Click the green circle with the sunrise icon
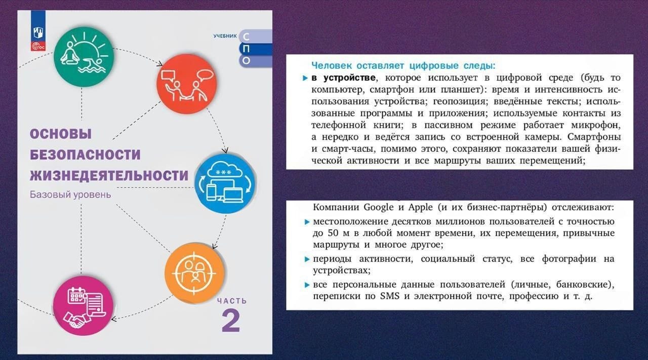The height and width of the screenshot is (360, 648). [84, 56]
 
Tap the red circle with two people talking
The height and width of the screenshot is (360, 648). [187, 84]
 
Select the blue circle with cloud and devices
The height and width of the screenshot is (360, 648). [225, 183]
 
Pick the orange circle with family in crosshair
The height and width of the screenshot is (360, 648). [194, 273]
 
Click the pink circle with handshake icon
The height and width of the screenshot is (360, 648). [84, 306]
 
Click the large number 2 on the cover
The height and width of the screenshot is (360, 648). [231, 321]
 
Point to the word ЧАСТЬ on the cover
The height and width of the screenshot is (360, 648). [232, 301]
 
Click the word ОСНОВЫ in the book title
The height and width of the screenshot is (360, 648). [61, 134]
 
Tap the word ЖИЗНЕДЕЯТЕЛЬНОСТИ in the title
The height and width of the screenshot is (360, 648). [109, 176]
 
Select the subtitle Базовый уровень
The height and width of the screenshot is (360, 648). [70, 195]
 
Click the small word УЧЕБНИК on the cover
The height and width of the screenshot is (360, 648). [225, 36]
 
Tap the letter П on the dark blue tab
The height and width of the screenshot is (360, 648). [246, 49]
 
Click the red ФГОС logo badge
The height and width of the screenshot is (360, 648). [38, 46]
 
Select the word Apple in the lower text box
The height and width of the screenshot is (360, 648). [421, 208]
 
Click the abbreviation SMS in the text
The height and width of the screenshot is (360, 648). [390, 296]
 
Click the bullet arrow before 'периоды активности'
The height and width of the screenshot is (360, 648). [307, 259]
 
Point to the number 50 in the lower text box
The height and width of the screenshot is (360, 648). [333, 233]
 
